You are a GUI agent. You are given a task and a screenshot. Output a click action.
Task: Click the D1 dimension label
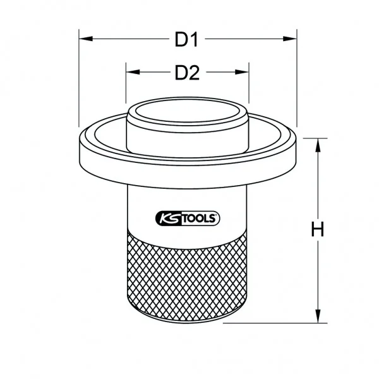click(186, 40)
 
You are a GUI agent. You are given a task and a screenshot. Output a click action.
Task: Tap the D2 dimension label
click(187, 73)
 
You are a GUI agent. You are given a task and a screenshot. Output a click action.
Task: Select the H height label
click(317, 229)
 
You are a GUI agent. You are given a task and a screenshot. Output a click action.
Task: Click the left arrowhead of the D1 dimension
click(86, 39)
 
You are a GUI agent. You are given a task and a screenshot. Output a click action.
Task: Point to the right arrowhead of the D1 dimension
click(290, 39)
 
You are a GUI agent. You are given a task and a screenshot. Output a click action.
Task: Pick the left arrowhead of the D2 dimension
click(133, 72)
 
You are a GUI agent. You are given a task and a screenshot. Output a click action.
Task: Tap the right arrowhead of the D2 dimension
click(242, 72)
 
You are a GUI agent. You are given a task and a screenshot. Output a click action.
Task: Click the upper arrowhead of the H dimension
click(318, 145)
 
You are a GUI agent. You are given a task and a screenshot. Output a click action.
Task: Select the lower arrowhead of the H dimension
click(318, 316)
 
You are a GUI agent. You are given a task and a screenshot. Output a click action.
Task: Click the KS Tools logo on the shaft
click(188, 219)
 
